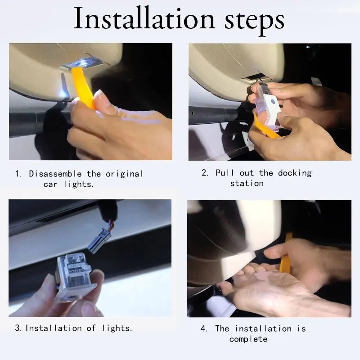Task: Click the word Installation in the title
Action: pyautogui.click(x=144, y=18)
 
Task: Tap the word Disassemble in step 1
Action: pyautogui.click(x=55, y=174)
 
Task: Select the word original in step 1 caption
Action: pyautogui.click(x=125, y=174)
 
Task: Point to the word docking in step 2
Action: pyautogui.click(x=295, y=173)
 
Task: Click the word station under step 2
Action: pyautogui.click(x=247, y=184)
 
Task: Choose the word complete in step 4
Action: pyautogui.click(x=248, y=339)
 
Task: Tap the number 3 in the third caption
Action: pyautogui.click(x=18, y=328)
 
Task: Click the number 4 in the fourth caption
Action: pyautogui.click(x=203, y=328)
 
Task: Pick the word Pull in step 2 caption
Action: pyautogui.click(x=225, y=173)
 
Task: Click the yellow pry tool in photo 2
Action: pyautogui.click(x=264, y=127)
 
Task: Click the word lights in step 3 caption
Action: pyautogui.click(x=116, y=328)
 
